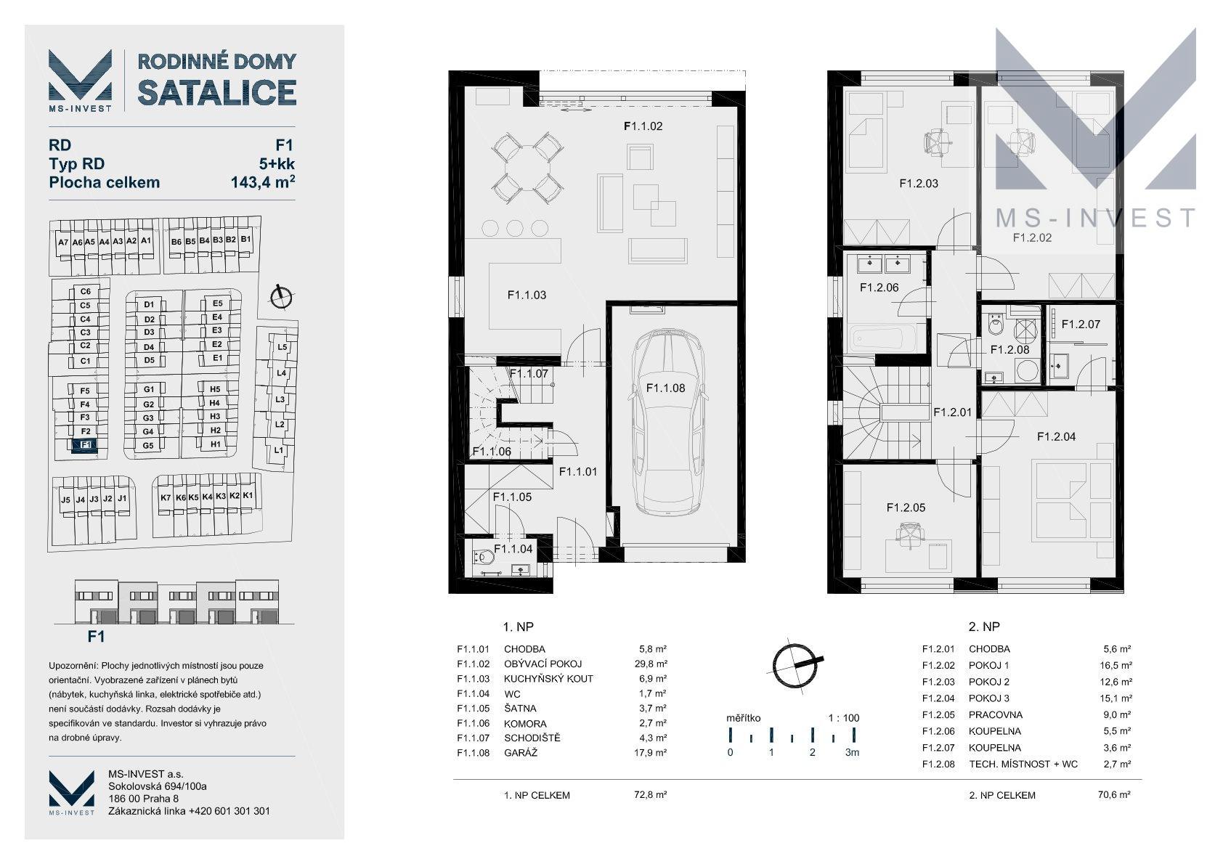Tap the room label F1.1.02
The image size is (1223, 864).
point(643,126)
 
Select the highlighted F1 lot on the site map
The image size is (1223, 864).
point(85,445)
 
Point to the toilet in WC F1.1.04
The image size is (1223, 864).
point(483,558)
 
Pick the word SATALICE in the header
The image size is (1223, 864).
point(216,92)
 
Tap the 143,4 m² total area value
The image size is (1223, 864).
point(263,182)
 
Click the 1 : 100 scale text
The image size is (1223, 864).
point(844,718)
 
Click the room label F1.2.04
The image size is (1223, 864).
point(1056,436)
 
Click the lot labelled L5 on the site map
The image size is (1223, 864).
point(282,347)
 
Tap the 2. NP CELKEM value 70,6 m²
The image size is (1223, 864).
point(1114,795)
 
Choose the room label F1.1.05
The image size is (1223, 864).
point(512,497)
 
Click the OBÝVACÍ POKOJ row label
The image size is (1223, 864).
point(543,664)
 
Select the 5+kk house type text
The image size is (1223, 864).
point(277,164)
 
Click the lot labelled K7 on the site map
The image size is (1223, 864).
point(166,498)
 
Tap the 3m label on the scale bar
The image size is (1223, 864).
point(852,752)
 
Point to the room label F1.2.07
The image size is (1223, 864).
point(1081,325)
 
